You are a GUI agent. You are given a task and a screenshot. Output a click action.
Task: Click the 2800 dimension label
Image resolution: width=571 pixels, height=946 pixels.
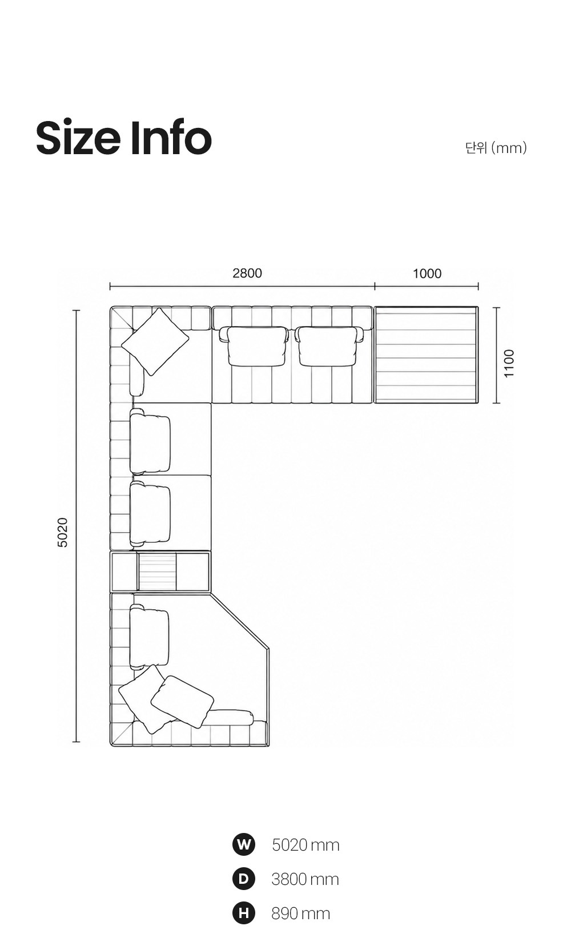pyautogui.click(x=247, y=273)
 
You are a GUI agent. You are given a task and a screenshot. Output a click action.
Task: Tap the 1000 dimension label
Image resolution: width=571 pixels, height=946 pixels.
pyautogui.click(x=427, y=273)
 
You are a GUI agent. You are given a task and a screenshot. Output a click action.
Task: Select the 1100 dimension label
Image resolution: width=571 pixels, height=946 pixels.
pyautogui.click(x=509, y=363)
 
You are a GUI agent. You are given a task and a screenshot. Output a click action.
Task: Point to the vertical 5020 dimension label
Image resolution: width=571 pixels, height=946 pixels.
pyautogui.click(x=62, y=533)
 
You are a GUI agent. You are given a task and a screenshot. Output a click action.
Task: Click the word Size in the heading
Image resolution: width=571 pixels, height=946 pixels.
pyautogui.click(x=78, y=138)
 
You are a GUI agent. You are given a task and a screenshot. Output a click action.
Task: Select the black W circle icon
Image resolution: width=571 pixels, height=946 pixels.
pyautogui.click(x=244, y=844)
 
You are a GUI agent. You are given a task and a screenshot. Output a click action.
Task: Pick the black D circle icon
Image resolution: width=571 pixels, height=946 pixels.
pyautogui.click(x=244, y=879)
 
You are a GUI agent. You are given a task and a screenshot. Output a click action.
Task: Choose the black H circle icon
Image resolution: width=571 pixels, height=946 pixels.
pyautogui.click(x=244, y=913)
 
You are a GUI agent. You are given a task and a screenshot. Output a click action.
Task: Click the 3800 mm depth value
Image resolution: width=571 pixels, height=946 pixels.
pyautogui.click(x=305, y=879)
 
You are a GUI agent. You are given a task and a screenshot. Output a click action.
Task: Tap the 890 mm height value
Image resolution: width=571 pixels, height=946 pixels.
pyautogui.click(x=301, y=913)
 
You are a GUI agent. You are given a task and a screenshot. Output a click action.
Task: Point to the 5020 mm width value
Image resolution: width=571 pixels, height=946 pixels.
pyautogui.click(x=305, y=845)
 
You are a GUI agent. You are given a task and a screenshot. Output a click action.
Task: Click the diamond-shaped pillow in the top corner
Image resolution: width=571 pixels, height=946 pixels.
pyautogui.click(x=155, y=341)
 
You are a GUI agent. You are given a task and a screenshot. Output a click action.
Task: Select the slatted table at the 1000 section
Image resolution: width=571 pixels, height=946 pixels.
pyautogui.click(x=427, y=355)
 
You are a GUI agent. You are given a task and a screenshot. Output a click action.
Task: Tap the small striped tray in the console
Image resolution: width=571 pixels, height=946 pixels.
pyautogui.click(x=157, y=572)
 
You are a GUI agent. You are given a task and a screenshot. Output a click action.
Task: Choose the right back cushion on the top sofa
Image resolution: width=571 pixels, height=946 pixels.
pyautogui.click(x=329, y=345)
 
